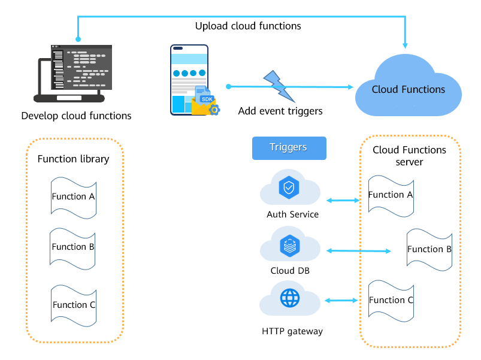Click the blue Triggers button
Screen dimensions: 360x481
289,148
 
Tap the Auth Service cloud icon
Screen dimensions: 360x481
289,187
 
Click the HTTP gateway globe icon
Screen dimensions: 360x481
289,298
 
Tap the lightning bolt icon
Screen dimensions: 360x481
277,85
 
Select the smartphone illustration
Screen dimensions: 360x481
190,79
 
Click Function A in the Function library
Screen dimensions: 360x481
73,196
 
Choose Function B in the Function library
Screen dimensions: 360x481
73,246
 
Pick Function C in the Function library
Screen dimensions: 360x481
74,304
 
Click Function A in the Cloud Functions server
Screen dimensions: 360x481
391,194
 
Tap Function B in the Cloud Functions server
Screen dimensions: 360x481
429,249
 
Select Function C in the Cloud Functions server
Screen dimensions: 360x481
391,300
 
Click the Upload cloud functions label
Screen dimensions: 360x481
248,26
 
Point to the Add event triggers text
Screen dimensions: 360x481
280,111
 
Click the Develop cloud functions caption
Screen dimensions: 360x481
76,116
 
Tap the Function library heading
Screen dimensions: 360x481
73,159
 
